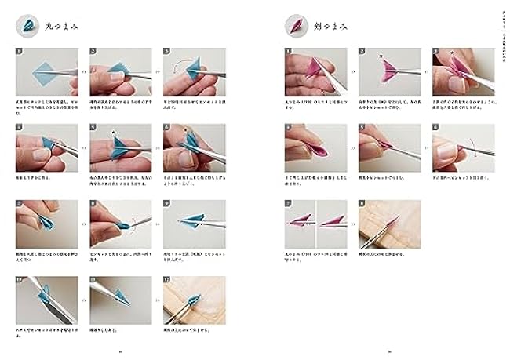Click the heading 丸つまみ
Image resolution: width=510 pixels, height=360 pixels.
point(64,26)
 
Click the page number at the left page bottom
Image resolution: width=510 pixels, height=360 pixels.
point(120,351)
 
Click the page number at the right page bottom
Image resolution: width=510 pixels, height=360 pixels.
point(390,351)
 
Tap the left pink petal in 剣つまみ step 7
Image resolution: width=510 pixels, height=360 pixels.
point(301,221)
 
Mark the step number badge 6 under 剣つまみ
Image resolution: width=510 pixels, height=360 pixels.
point(437,128)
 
